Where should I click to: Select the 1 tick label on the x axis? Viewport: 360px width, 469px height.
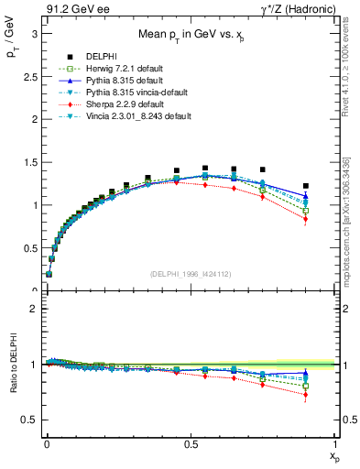click(334, 444)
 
